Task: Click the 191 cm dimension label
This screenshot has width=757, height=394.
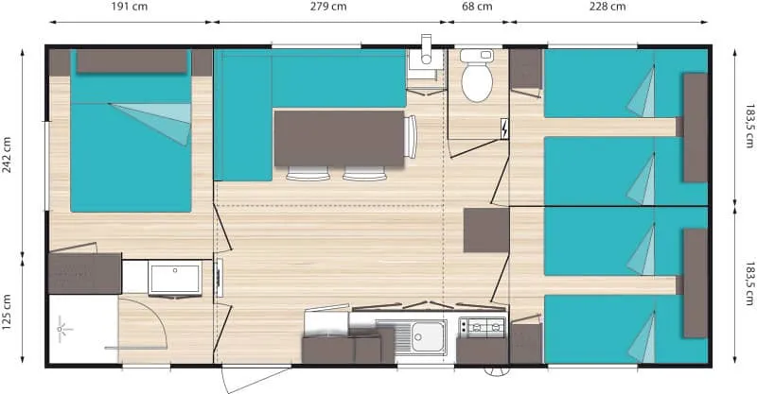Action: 129,7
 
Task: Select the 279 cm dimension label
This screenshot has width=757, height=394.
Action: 327,7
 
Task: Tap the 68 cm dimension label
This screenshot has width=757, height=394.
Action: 477,7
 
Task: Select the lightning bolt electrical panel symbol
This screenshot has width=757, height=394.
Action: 503,128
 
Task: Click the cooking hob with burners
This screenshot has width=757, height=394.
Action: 482,328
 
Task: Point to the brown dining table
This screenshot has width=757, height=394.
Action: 338,138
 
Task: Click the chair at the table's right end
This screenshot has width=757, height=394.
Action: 410,138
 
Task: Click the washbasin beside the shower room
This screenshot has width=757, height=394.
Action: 174,279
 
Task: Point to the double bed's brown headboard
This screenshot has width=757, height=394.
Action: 131,61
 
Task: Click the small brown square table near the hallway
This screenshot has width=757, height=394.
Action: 485,231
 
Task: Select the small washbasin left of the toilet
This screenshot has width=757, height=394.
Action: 426,62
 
